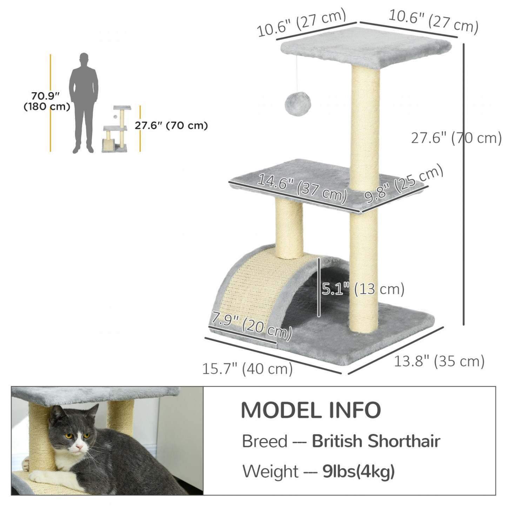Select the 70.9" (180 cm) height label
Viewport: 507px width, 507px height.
(x=46, y=101)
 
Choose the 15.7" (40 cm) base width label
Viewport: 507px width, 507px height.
(x=247, y=369)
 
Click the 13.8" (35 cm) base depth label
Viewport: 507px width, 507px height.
(x=439, y=361)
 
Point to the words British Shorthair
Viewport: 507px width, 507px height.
(x=376, y=441)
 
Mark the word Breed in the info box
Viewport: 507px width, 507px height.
(x=265, y=441)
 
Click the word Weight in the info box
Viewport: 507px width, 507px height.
(x=270, y=471)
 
